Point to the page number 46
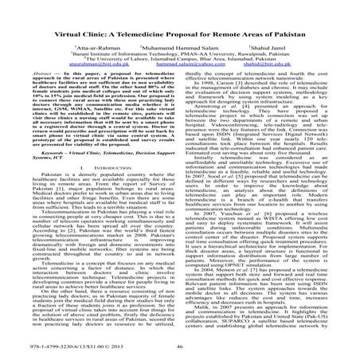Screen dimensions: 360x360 [x=180, y=348]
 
